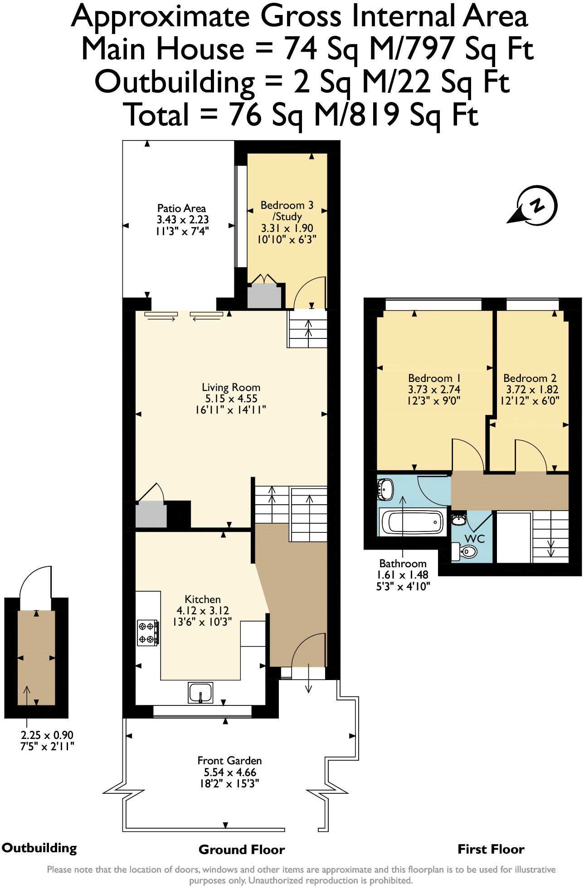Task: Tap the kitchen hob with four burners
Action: pyautogui.click(x=148, y=632)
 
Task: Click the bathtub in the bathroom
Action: pyautogui.click(x=412, y=522)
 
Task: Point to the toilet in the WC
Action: pyautogui.click(x=467, y=551)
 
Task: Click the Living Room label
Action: pyautogui.click(x=231, y=387)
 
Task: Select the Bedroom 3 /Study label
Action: pyautogui.click(x=287, y=211)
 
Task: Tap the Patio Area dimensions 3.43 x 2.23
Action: pyautogui.click(x=182, y=220)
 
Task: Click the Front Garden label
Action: pyautogui.click(x=229, y=761)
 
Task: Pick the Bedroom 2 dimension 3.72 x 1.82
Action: pyautogui.click(x=532, y=390)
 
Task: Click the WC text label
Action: pyautogui.click(x=475, y=539)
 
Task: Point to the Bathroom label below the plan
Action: pyautogui.click(x=403, y=564)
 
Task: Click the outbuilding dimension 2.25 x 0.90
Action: pyautogui.click(x=47, y=735)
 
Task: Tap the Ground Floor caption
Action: pyautogui.click(x=241, y=849)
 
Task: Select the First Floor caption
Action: pyautogui.click(x=491, y=849)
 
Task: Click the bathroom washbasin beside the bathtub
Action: pyautogui.click(x=385, y=490)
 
